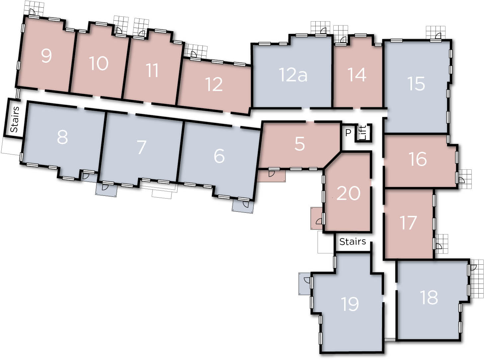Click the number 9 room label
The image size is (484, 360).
pyautogui.click(x=46, y=56)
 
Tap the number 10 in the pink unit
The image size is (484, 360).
pyautogui.click(x=99, y=63)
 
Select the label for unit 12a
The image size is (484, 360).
pyautogui.click(x=293, y=75)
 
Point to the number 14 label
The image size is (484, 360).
pyautogui.click(x=357, y=75)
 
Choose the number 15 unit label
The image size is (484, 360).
pyautogui.click(x=416, y=83)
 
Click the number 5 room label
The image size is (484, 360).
pyautogui.click(x=299, y=144)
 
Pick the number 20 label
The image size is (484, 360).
pyautogui.click(x=348, y=193)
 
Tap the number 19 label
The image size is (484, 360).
pyautogui.click(x=350, y=304)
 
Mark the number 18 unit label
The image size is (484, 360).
pyautogui.click(x=429, y=297)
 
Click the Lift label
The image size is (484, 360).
pyautogui.click(x=363, y=133)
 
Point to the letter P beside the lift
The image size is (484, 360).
pyautogui.click(x=348, y=132)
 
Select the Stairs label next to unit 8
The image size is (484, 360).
pyautogui.click(x=14, y=120)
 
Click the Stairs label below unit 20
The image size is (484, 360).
pyautogui.click(x=353, y=242)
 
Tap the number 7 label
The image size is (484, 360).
pyautogui.click(x=141, y=147)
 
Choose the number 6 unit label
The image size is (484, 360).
pyautogui.click(x=219, y=156)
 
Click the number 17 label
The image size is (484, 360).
pyautogui.click(x=408, y=223)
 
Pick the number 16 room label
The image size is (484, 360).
pyautogui.click(x=418, y=159)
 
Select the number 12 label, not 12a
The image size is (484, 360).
pyautogui.click(x=214, y=84)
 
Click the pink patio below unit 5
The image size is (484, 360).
pyautogui.click(x=272, y=176)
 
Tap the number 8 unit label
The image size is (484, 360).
pyautogui.click(x=62, y=137)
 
